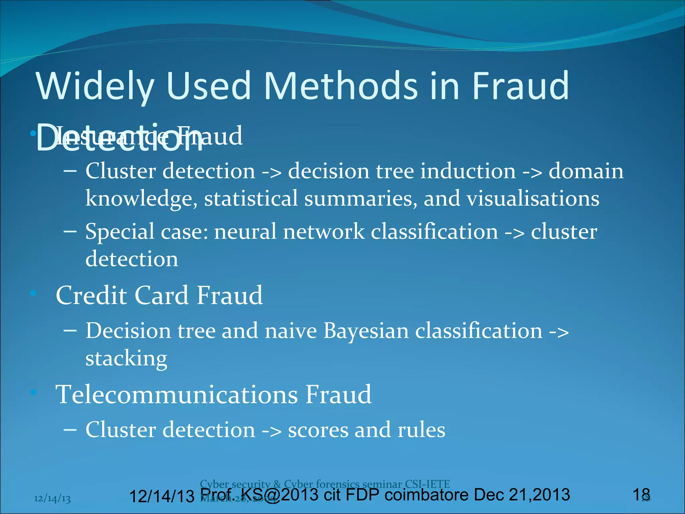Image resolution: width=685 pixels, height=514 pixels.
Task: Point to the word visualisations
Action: pos(533,198)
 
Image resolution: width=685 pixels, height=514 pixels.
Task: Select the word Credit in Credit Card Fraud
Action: pos(91,295)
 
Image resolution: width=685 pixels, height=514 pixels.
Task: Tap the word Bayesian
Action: pos(366,331)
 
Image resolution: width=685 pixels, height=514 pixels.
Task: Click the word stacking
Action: pos(126,359)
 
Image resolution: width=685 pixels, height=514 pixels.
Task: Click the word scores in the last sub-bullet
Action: pos(318,430)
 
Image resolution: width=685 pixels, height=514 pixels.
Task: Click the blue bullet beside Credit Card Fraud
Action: pos(33,293)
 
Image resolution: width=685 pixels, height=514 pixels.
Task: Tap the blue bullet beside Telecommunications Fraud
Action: pos(33,392)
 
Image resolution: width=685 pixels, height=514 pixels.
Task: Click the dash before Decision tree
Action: pos(70,331)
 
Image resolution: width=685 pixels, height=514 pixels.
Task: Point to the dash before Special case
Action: pos(70,231)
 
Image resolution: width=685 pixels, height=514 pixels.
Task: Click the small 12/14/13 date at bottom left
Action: pos(53,499)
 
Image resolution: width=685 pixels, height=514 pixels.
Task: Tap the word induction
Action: pos(468,171)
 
